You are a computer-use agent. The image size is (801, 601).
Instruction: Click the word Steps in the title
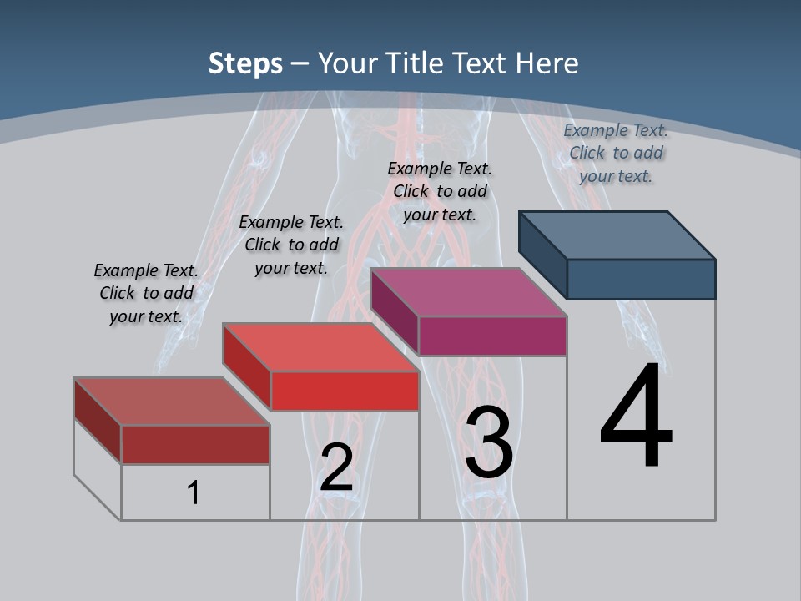click(245, 63)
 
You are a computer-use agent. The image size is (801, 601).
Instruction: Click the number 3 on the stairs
click(489, 442)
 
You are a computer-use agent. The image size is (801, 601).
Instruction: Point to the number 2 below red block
click(336, 467)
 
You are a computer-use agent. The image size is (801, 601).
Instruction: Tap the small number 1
click(194, 492)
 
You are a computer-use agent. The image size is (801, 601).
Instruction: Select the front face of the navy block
click(641, 279)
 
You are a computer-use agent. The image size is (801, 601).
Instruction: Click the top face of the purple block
click(468, 292)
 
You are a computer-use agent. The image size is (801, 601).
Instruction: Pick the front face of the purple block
click(492, 336)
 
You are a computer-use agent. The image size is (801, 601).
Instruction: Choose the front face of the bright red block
click(345, 391)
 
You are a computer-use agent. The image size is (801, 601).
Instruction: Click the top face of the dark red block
click(172, 402)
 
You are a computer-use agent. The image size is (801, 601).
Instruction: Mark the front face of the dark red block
click(195, 444)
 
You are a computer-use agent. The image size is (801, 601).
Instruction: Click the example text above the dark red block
click(146, 293)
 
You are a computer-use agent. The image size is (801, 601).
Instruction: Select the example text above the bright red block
click(290, 245)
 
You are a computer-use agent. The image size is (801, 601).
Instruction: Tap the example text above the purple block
click(440, 191)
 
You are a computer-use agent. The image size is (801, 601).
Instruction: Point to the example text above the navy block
click(616, 153)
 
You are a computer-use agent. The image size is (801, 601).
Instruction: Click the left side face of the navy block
click(542, 254)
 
